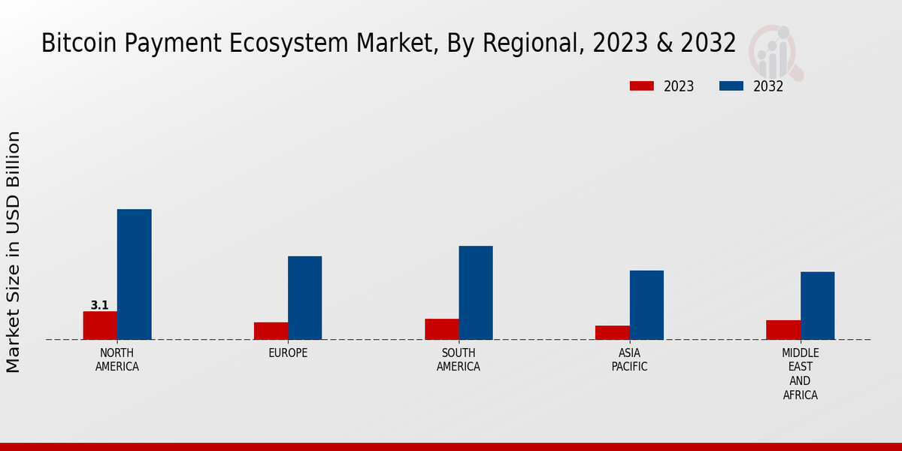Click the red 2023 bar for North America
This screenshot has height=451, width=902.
click(x=100, y=325)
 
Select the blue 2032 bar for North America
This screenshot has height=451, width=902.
click(x=134, y=274)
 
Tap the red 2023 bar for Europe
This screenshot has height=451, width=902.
click(x=271, y=331)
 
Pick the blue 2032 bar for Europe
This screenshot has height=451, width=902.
click(x=304, y=298)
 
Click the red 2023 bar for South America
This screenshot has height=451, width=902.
click(x=441, y=329)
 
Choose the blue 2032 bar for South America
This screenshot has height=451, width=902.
click(x=476, y=292)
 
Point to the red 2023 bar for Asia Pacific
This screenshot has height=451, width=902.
click(x=612, y=332)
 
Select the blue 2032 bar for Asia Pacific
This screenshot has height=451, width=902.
click(x=646, y=304)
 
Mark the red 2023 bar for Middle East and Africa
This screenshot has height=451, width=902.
click(x=783, y=330)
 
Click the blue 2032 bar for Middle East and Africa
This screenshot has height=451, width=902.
click(x=817, y=305)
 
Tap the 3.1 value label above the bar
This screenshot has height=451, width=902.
click(x=100, y=305)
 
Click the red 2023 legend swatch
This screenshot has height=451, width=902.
click(x=641, y=86)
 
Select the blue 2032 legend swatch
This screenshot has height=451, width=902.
click(x=731, y=86)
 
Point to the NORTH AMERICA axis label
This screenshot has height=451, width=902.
click(x=117, y=360)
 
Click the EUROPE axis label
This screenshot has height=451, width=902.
click(x=288, y=353)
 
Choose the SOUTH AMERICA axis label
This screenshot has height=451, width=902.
click(x=459, y=360)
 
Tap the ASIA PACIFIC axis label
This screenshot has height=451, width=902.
click(x=629, y=360)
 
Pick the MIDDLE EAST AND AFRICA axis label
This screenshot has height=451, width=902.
click(x=801, y=374)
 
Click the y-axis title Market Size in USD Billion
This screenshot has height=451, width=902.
click(x=14, y=252)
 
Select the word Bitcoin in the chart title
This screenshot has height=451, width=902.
click(x=72, y=43)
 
